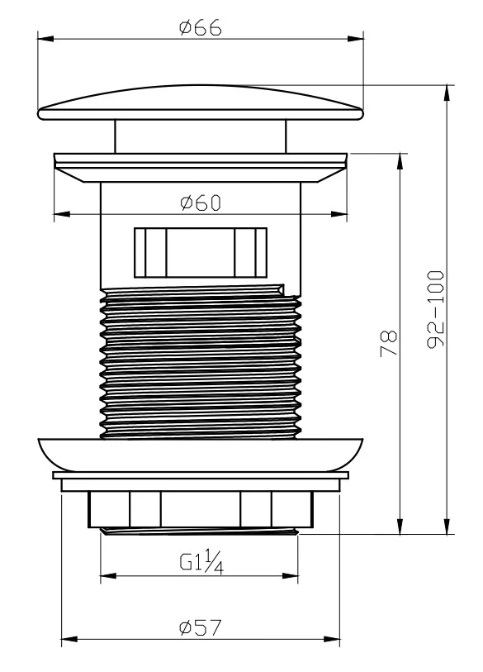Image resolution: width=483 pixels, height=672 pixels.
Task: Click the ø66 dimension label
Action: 201,27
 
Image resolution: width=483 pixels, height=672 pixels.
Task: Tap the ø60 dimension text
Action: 201,203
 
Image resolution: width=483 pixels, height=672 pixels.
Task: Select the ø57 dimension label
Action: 201,628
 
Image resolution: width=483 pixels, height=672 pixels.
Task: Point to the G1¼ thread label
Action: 201,562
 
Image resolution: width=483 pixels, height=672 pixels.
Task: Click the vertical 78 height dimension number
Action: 389,343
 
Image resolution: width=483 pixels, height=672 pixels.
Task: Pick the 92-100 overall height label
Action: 436,309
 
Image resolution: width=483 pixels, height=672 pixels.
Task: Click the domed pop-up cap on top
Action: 201,102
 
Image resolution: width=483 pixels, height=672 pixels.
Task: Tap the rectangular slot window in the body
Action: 201,252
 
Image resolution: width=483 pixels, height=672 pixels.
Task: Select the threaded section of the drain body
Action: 201,362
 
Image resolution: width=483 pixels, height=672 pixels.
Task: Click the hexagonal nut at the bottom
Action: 201,509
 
